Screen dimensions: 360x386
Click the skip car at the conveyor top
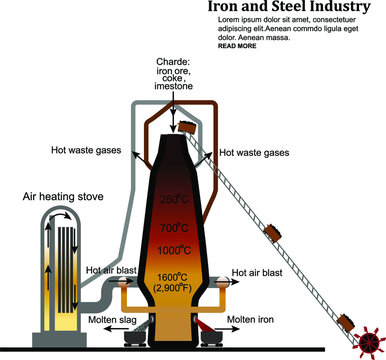click(x=186, y=127)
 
